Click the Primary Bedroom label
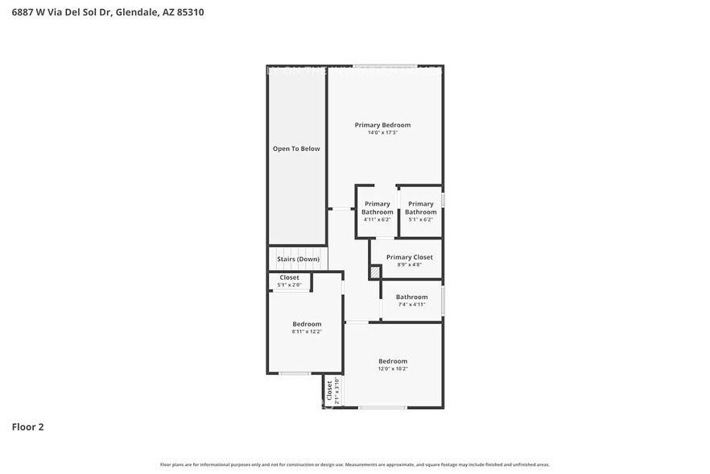[382, 125]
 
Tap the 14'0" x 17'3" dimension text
[382, 132]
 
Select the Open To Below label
[296, 148]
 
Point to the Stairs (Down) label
[298, 259]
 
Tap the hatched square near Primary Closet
[375, 272]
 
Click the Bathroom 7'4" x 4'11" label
[411, 297]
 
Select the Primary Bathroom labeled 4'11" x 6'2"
[377, 208]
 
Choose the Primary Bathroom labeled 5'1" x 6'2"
[420, 208]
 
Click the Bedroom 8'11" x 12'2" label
[307, 324]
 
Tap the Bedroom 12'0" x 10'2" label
[393, 361]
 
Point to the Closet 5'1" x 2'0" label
[289, 277]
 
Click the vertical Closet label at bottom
[329, 391]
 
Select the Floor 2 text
[27, 427]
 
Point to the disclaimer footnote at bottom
[355, 464]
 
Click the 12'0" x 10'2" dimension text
[393, 368]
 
